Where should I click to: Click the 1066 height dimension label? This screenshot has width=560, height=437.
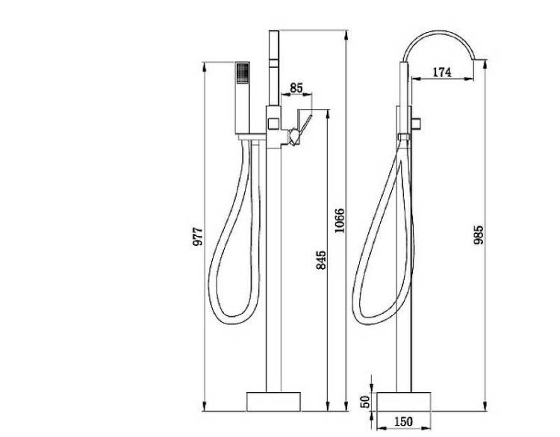pos(340,220)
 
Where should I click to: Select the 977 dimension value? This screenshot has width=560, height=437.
pos(198,236)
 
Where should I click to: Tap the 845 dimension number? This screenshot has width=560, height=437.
pos(321,260)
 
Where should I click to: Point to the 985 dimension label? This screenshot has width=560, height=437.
pos(478,235)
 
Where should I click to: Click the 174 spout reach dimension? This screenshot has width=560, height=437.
pos(442,72)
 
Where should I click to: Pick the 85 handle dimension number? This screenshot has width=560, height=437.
pos(296,87)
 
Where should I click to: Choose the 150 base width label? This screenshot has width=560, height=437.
pos(403,421)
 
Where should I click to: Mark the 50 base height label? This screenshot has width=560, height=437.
pos(365,402)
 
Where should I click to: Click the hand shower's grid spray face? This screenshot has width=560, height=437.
pos(243,73)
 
